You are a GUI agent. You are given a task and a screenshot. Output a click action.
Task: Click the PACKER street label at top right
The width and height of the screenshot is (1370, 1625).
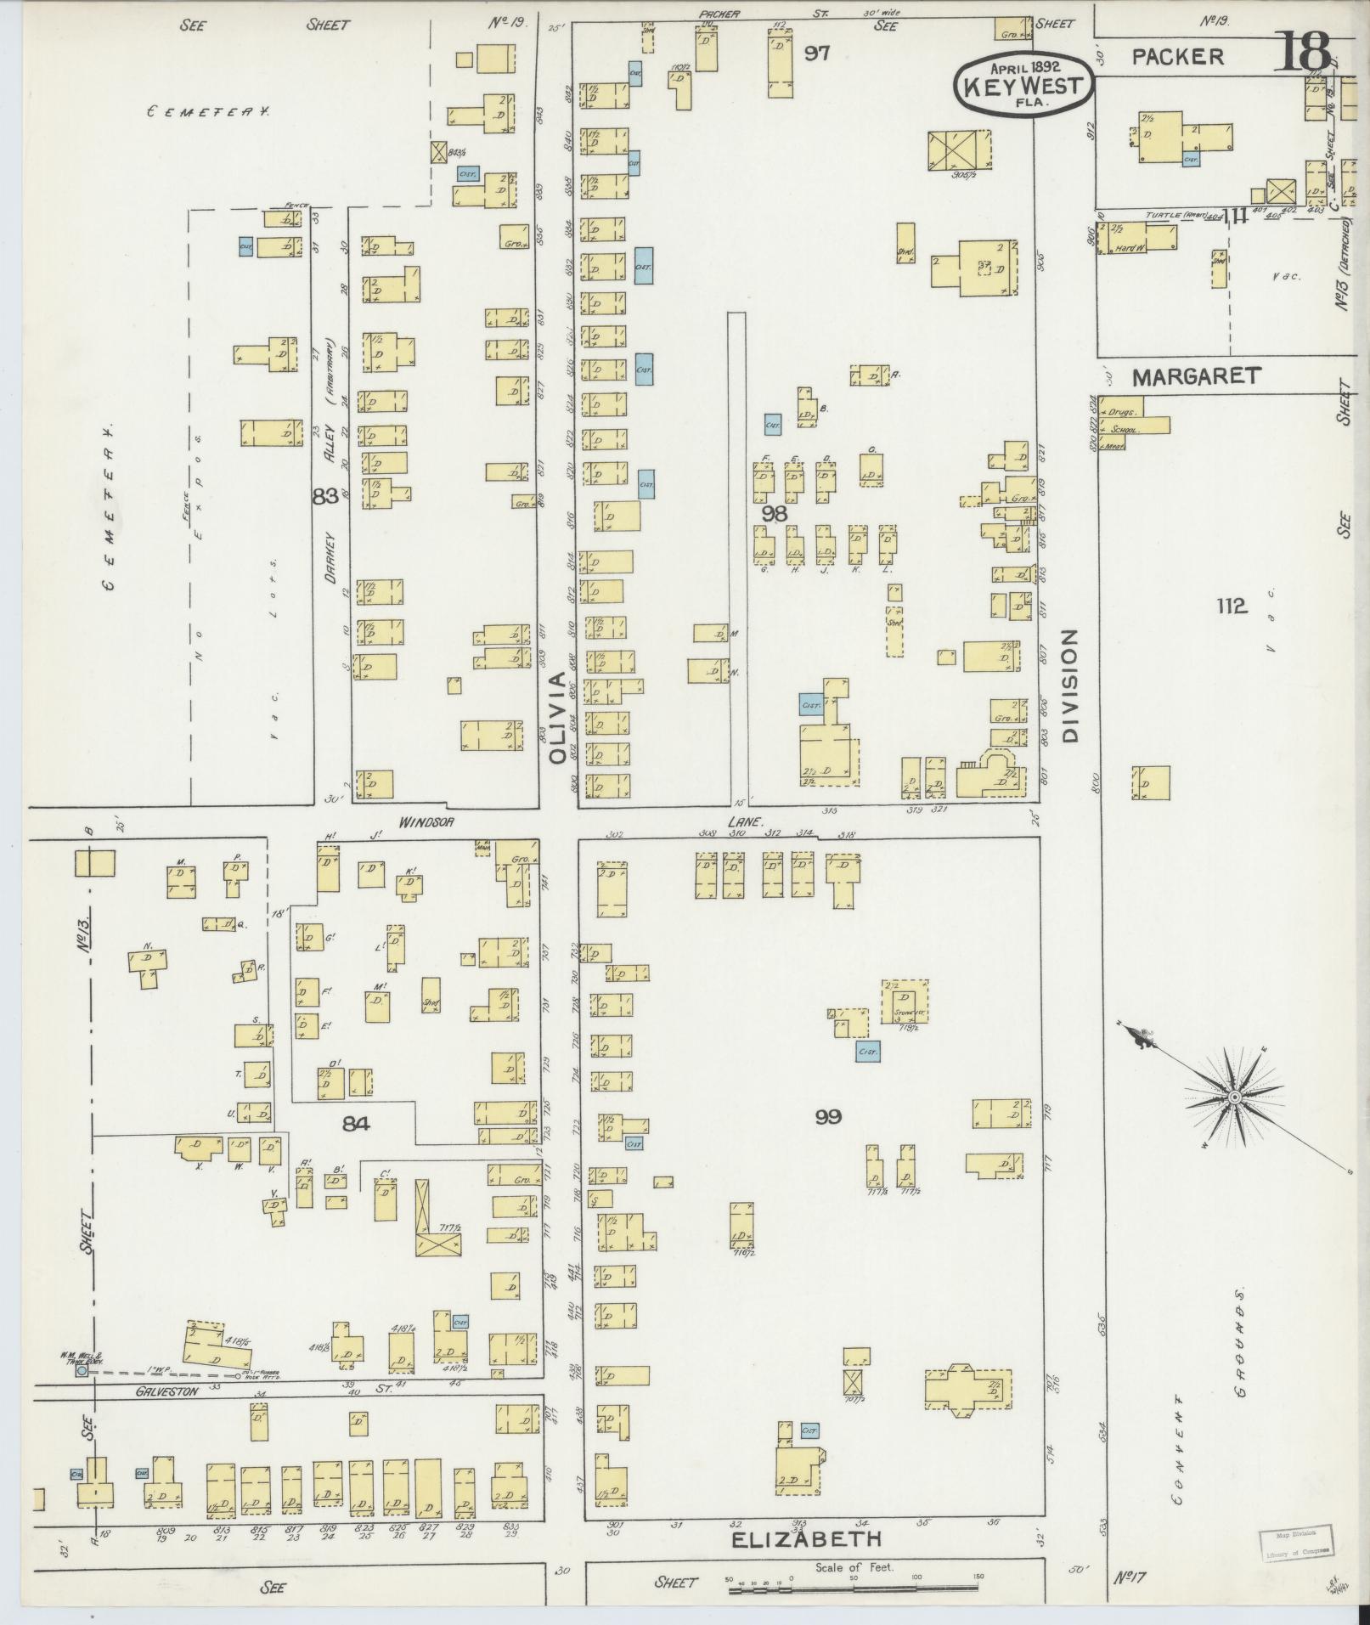pyautogui.click(x=1178, y=57)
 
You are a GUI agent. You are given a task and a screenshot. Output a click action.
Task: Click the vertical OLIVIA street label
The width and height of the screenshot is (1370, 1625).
pyautogui.click(x=556, y=719)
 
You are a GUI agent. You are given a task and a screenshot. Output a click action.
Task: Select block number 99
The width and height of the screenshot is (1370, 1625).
pyautogui.click(x=828, y=1117)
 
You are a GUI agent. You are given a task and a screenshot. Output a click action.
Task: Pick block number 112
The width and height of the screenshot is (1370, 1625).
pyautogui.click(x=1230, y=606)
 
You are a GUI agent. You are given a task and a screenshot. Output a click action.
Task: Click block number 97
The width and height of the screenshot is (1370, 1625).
pyautogui.click(x=817, y=54)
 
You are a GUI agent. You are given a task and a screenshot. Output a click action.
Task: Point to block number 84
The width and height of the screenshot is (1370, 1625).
pyautogui.click(x=357, y=1124)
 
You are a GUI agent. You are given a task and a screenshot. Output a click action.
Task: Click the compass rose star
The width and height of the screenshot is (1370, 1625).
pyautogui.click(x=1233, y=1099)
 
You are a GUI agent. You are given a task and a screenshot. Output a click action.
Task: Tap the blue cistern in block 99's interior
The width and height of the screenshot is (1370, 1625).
pyautogui.click(x=867, y=1052)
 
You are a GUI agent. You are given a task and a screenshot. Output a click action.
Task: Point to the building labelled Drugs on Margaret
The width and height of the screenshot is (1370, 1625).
pyautogui.click(x=1119, y=411)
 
